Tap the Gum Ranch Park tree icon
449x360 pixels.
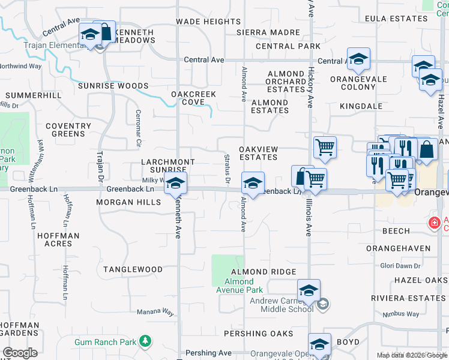(145, 341)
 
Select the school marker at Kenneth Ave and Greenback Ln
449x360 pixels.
(175, 184)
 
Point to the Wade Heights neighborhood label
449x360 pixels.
(208, 22)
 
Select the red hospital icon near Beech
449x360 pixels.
(434, 223)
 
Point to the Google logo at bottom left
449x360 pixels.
(20, 353)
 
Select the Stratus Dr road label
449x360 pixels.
(228, 169)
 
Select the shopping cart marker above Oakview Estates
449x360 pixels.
(325, 146)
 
